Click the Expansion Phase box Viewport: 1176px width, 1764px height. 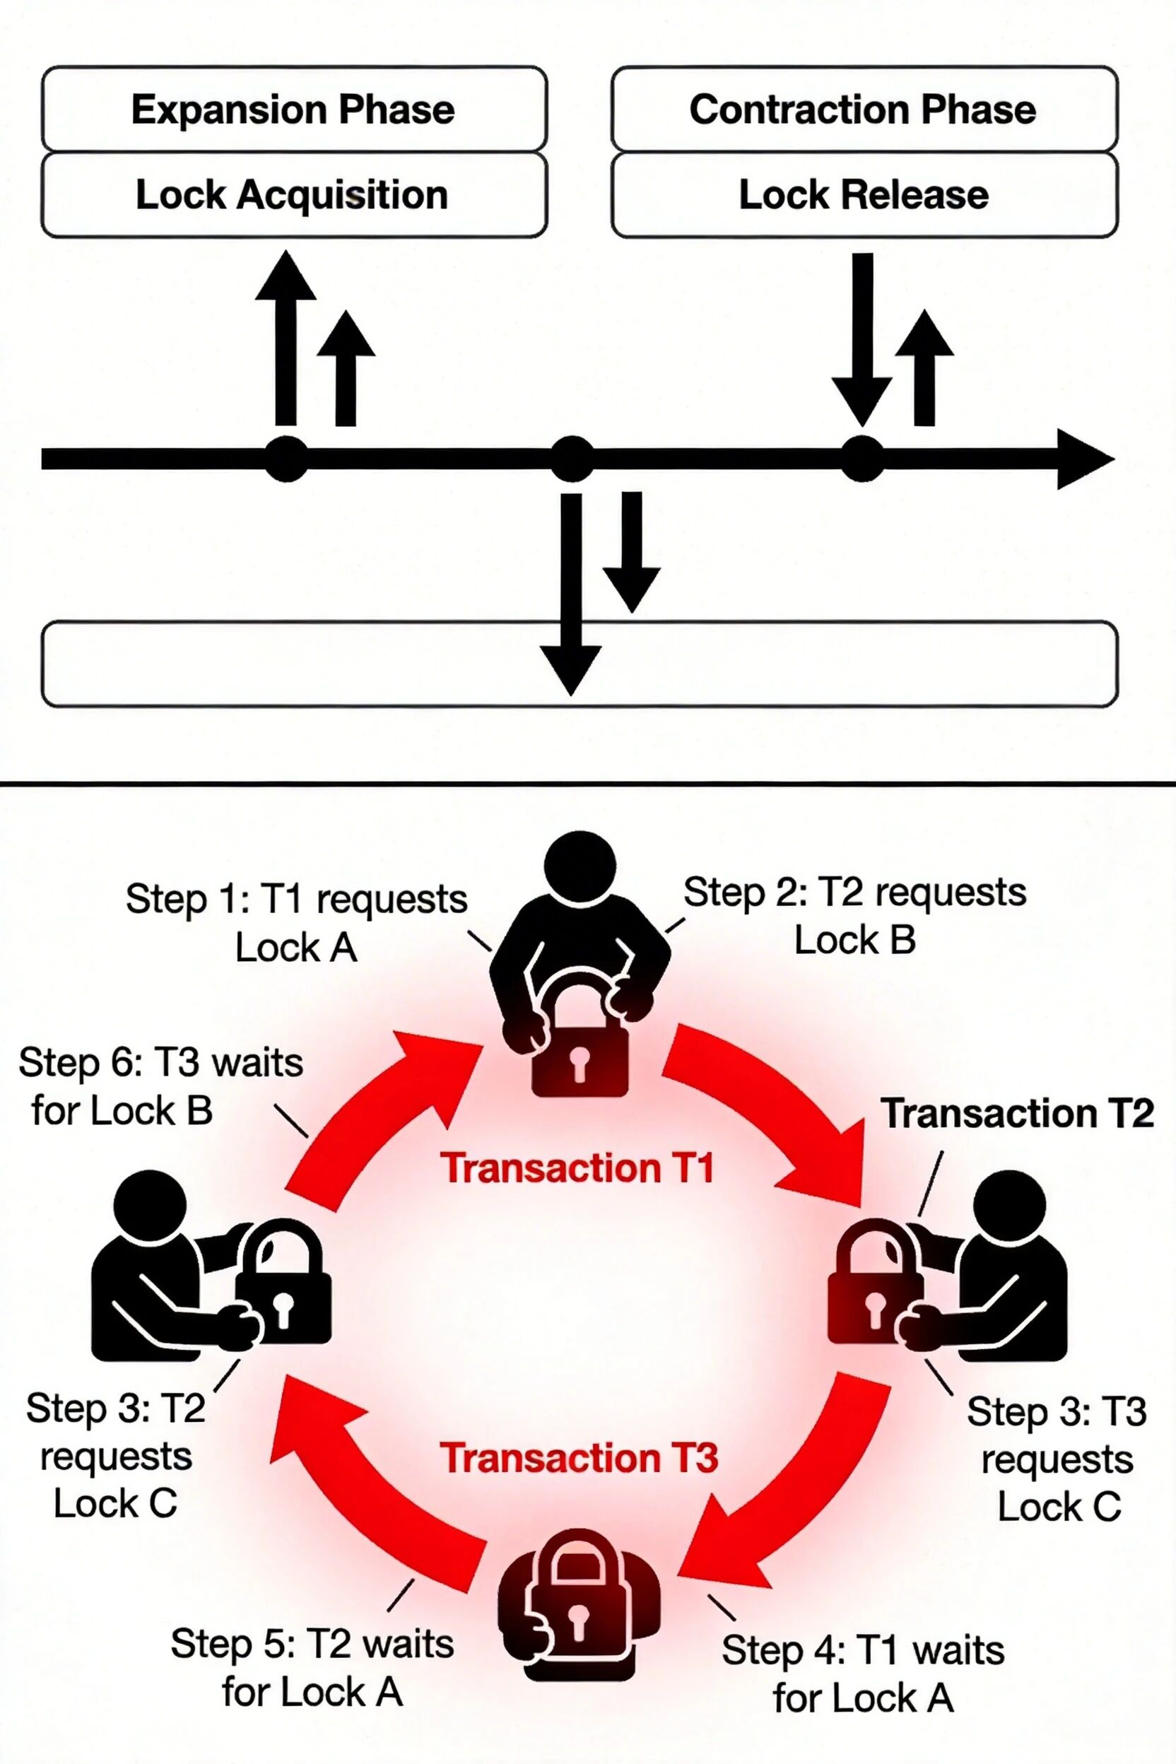point(294,110)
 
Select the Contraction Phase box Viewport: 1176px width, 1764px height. point(864,110)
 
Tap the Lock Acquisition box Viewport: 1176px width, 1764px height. point(294,195)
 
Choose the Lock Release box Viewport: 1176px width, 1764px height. point(864,195)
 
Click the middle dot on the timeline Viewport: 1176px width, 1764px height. point(572,458)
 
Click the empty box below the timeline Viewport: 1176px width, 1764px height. point(300,664)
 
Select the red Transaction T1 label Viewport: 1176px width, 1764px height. point(577,1168)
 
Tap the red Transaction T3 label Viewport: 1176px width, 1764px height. point(579,1457)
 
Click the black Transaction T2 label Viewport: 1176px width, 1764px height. point(1017,1113)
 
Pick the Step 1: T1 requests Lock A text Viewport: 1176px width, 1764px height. point(296,922)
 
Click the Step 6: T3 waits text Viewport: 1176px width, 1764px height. point(160,1086)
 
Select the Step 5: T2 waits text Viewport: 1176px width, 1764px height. point(312,1667)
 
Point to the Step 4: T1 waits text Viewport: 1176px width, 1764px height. point(863,1674)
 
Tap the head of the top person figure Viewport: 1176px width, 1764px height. point(580,865)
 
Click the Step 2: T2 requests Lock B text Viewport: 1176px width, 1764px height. point(855,916)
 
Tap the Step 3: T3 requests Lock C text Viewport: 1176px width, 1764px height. point(1057,1459)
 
